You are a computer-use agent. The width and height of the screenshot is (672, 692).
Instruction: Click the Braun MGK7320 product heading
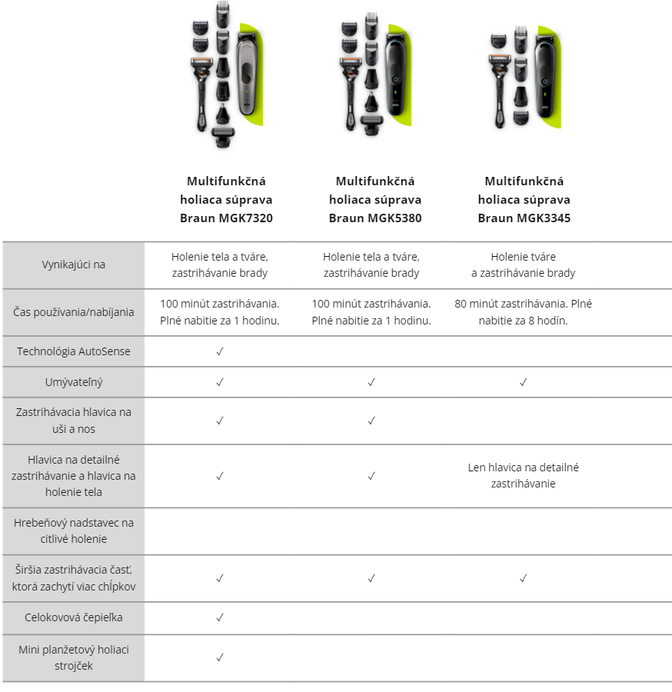[226, 199]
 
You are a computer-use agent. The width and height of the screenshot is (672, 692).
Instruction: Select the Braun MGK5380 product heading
[375, 199]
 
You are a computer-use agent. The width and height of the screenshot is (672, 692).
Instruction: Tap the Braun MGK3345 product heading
[524, 199]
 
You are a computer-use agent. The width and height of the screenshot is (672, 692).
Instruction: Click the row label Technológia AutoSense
[74, 351]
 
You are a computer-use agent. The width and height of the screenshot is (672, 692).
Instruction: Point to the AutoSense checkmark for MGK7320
[220, 351]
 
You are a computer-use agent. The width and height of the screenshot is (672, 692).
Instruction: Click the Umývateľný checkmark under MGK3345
[524, 382]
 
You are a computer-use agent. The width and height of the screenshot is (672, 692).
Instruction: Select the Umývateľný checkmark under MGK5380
[371, 382]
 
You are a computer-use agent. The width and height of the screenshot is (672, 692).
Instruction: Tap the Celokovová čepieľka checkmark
[220, 617]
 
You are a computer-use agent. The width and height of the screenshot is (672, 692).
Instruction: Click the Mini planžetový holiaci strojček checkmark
[220, 657]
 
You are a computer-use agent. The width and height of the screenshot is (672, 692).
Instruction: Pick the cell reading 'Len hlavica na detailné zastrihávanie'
[524, 475]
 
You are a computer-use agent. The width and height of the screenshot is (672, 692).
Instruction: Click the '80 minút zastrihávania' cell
[524, 312]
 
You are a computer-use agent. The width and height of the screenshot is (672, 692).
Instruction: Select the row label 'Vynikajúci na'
[74, 264]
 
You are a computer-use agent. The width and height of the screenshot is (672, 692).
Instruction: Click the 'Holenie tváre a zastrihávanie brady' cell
[524, 264]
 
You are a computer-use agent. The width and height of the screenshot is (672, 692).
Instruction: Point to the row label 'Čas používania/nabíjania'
[74, 312]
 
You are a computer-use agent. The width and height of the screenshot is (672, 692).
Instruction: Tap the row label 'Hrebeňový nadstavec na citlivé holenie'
[74, 531]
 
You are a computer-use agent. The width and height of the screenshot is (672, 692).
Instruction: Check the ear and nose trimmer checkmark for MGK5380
[371, 421]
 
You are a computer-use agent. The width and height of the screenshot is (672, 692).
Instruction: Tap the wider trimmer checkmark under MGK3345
[524, 578]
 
